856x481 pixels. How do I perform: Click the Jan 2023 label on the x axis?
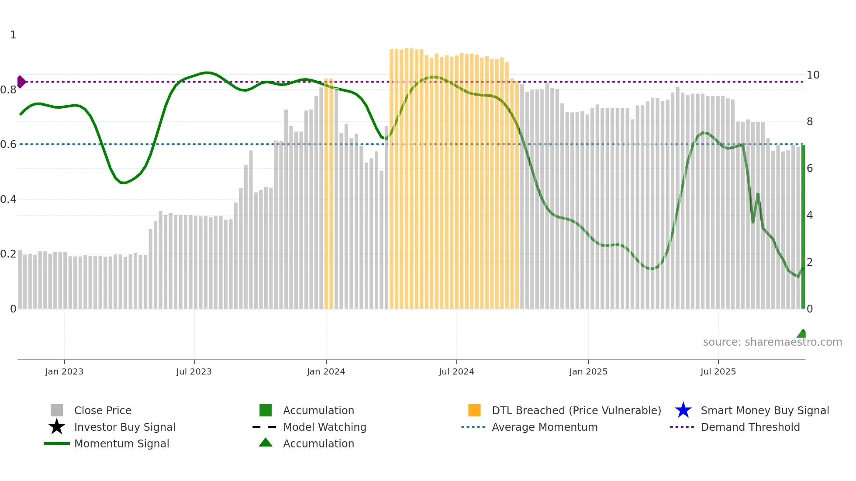click(64, 371)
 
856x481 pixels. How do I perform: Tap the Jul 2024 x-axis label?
click(456, 371)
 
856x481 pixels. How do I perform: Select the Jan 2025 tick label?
click(588, 371)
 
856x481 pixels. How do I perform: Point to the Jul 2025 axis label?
click(718, 371)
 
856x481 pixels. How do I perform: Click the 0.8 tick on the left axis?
click(8, 90)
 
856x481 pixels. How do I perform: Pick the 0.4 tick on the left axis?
click(8, 199)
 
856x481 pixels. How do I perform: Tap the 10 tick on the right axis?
click(813, 75)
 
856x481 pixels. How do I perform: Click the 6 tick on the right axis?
click(810, 168)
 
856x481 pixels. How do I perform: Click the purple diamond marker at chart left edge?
click(21, 82)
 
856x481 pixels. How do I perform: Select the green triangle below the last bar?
click(802, 333)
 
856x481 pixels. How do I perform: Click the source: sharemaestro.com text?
click(772, 342)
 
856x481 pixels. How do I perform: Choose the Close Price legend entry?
click(103, 410)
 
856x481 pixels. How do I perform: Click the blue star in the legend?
click(683, 410)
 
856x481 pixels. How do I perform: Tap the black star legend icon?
click(57, 427)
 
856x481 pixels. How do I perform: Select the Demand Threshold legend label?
click(750, 427)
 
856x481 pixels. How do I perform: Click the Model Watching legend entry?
click(324, 427)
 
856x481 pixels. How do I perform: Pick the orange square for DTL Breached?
click(474, 410)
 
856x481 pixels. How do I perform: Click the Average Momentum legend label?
click(545, 427)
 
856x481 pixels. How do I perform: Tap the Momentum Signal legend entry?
click(121, 443)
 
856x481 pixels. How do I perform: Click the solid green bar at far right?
click(803, 227)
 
